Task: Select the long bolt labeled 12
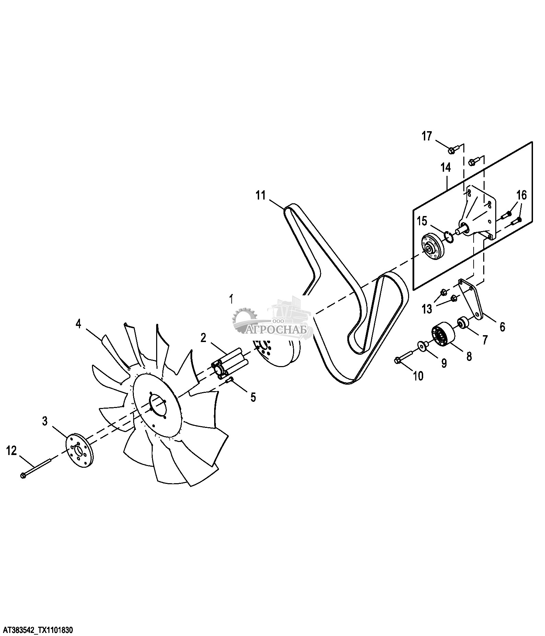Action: pyautogui.click(x=36, y=468)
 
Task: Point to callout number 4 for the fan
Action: pyautogui.click(x=79, y=323)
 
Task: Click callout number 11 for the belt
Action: pyautogui.click(x=261, y=196)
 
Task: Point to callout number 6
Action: pyautogui.click(x=502, y=327)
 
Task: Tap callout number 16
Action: pyautogui.click(x=521, y=196)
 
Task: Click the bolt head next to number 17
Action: pyautogui.click(x=453, y=149)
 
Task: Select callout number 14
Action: pyautogui.click(x=446, y=168)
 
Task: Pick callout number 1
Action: pyautogui.click(x=231, y=299)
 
